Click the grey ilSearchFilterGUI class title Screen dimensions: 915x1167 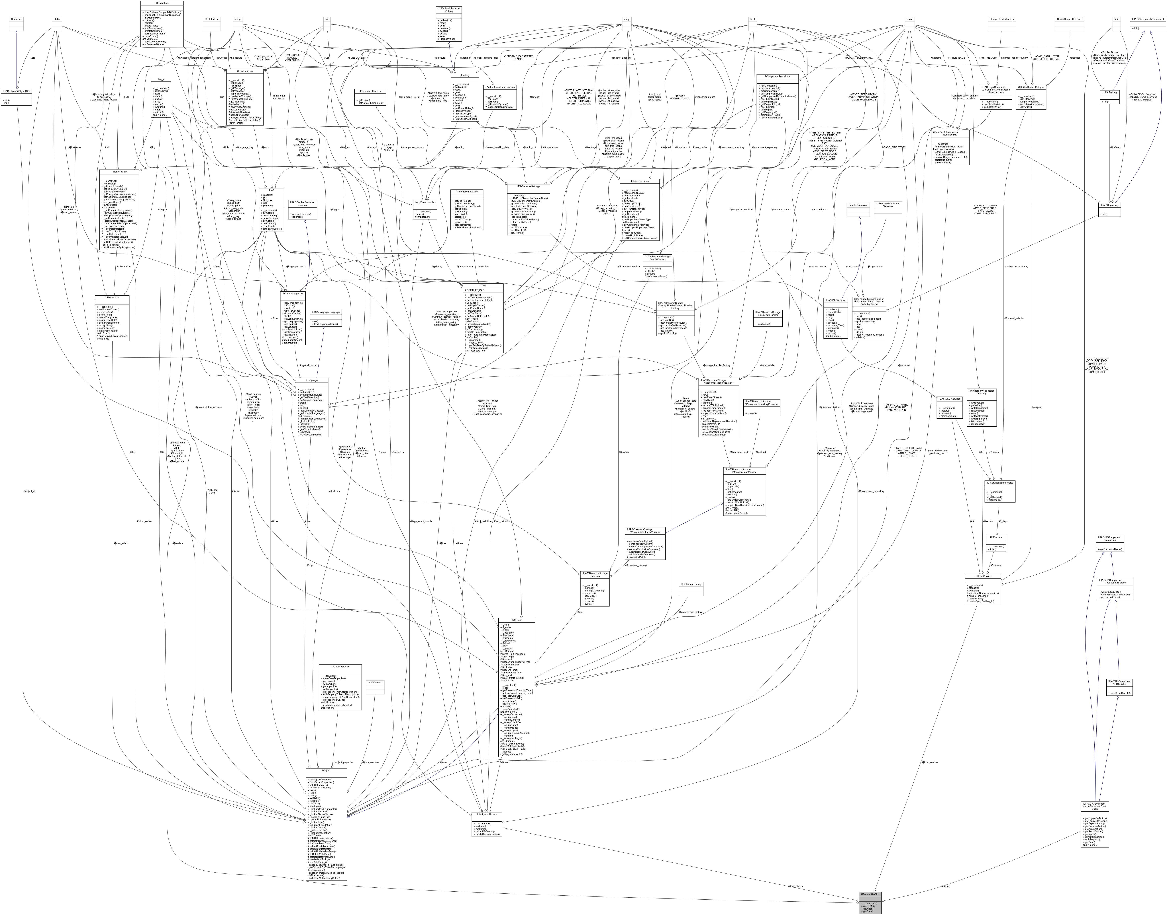click(x=870, y=894)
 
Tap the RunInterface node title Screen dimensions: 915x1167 click(x=212, y=19)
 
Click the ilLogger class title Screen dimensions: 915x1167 click(x=161, y=79)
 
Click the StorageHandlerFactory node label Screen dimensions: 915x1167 click(x=1001, y=19)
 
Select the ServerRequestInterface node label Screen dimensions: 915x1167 click(x=1069, y=19)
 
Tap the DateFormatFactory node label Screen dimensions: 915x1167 click(x=690, y=584)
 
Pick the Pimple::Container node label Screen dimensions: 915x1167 click(x=858, y=205)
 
